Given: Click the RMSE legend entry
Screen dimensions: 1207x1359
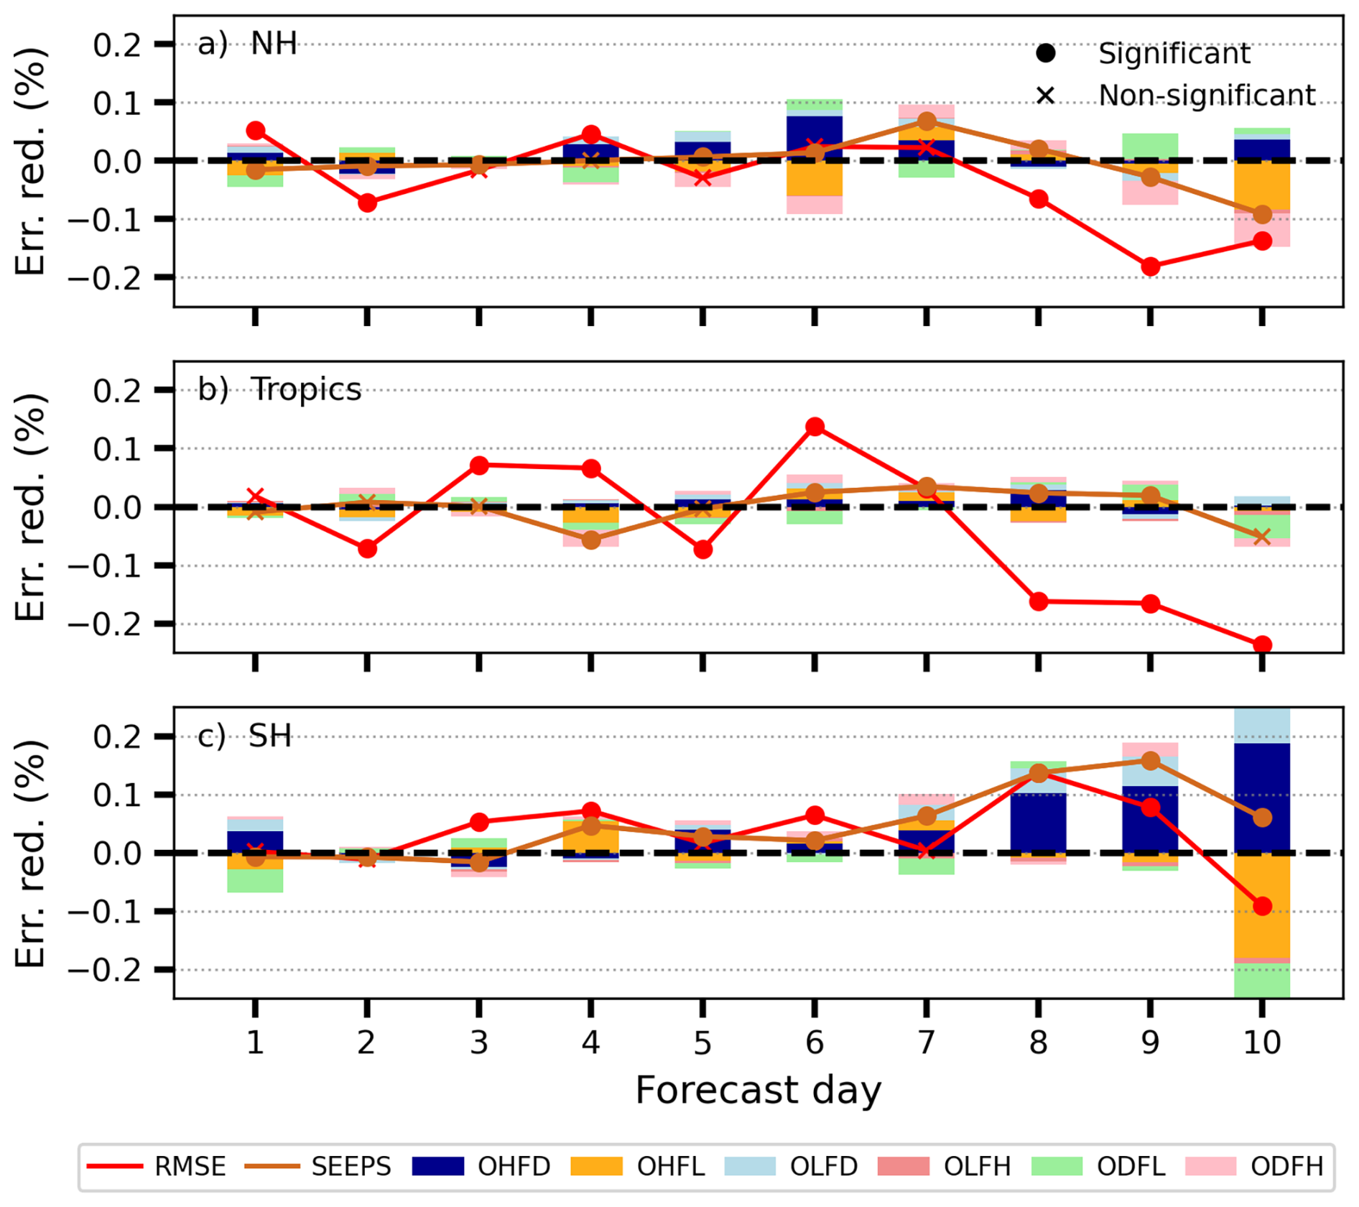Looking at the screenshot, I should pos(157,1165).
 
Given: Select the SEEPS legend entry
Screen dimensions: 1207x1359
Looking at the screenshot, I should pos(317,1165).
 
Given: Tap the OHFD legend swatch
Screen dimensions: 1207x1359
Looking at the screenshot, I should pos(437,1165).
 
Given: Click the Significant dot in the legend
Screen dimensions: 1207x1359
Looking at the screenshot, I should pos(1045,53).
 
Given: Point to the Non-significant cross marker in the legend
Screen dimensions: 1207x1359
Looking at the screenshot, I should pos(1045,95).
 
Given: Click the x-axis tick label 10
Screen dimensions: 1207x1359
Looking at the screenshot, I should pos(1261,1042).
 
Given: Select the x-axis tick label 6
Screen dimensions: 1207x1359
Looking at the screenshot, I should pos(814,1042).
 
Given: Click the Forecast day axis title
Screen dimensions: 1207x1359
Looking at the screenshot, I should pos(758,1091).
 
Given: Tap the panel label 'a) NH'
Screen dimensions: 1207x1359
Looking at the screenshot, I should pos(247,44).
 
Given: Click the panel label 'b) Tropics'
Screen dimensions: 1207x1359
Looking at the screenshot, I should pos(279,389).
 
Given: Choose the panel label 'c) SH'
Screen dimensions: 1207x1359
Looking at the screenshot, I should pos(244,736).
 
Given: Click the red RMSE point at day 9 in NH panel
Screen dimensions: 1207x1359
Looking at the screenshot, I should pos(1150,267).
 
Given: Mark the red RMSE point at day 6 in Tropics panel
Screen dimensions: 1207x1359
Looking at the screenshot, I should pos(815,427).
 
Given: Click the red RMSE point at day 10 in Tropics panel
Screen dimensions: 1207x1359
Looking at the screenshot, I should pos(1262,644).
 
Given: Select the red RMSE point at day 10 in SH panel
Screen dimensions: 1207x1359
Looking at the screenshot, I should pos(1262,906).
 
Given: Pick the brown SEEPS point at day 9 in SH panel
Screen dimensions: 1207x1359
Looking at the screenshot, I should pos(1150,761).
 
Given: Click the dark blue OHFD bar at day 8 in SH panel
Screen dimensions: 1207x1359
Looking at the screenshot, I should pos(1038,823).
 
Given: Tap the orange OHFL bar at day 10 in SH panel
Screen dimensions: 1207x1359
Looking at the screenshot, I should pos(1262,905).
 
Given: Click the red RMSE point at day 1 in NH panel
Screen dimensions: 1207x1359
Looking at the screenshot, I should pos(255,131).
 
